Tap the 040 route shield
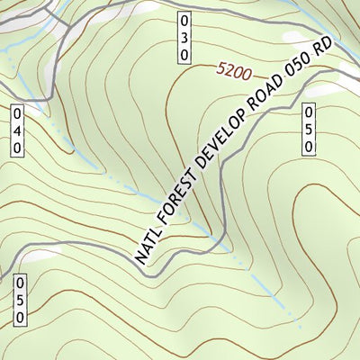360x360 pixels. pos(16,130)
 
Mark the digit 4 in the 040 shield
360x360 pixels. pos(16,130)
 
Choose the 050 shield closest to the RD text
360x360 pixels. pos(309,130)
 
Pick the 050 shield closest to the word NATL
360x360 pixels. pos(19,301)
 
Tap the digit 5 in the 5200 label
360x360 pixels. pos(220,67)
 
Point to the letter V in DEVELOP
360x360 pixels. pos(221,158)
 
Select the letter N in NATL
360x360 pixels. pos(141,256)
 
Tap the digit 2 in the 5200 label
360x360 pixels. pos(228,68)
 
